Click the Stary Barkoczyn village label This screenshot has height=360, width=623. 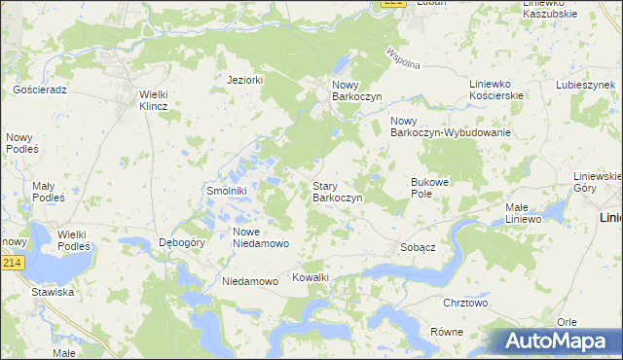click(x=337, y=192)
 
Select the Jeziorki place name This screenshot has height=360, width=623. click(x=245, y=80)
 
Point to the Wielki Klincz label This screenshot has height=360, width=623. click(x=154, y=100)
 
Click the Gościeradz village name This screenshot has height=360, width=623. click(x=39, y=89)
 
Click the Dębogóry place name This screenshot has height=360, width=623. click(x=181, y=244)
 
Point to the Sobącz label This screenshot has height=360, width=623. click(x=418, y=248)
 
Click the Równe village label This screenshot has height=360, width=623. click(x=446, y=332)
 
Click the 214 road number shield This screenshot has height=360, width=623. click(x=11, y=264)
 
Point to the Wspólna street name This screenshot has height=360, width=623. click(x=402, y=57)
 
